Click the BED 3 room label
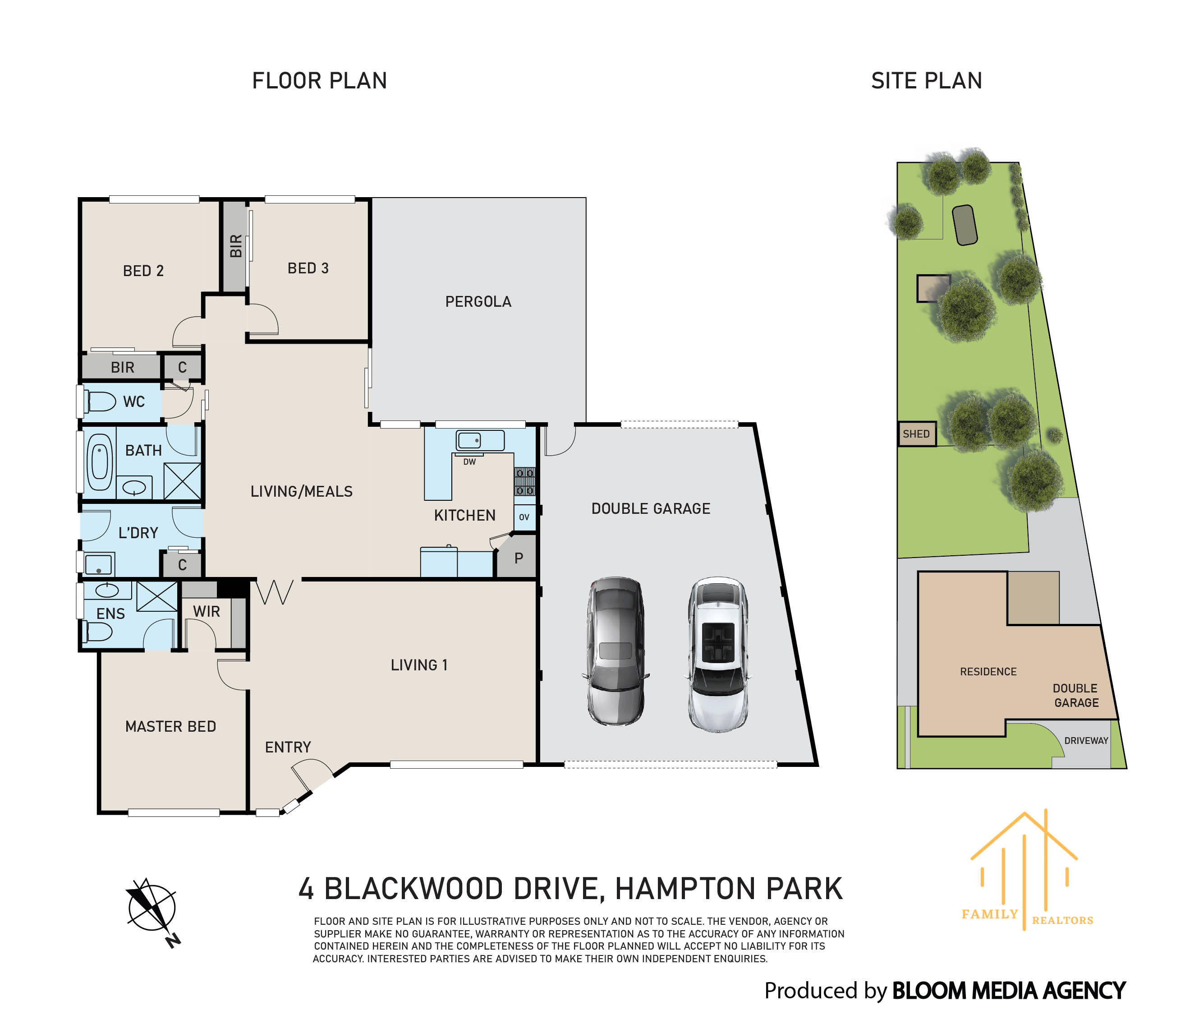click(x=308, y=268)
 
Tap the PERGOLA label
click(x=478, y=302)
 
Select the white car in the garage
click(x=717, y=654)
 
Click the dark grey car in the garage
click(x=615, y=651)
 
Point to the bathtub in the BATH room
click(x=100, y=462)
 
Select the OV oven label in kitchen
click(x=524, y=517)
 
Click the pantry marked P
click(x=519, y=558)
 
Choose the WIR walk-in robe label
click(x=207, y=612)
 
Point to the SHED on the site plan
click(x=917, y=434)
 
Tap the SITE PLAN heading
click(x=927, y=81)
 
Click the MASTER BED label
click(x=171, y=727)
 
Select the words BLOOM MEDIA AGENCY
click(x=1009, y=991)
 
